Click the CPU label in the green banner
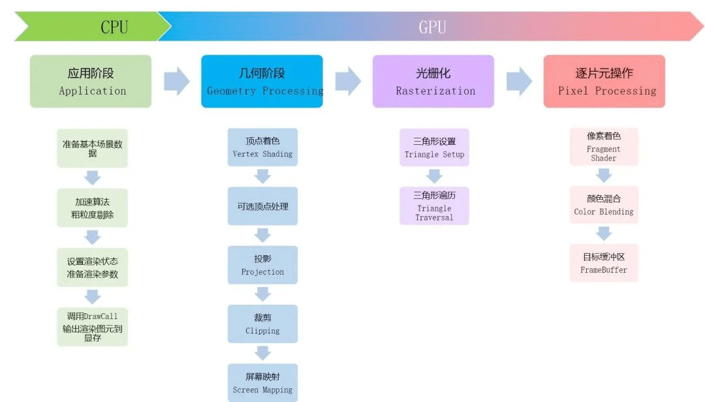click(114, 27)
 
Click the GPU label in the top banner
click(431, 27)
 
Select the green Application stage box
click(91, 81)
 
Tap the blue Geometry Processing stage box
click(262, 81)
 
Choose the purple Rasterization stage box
click(433, 81)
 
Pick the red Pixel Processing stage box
click(604, 81)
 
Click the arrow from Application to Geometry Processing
click(176, 81)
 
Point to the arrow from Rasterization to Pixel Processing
click(519, 81)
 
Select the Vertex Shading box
click(262, 147)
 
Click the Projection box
click(262, 265)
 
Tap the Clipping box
click(262, 324)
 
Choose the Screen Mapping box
click(262, 383)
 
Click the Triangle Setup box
click(434, 147)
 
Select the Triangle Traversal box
click(434, 206)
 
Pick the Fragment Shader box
click(604, 147)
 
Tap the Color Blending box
click(604, 205)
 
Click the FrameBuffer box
click(604, 263)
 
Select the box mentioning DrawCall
click(92, 326)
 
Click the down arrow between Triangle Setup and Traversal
click(434, 176)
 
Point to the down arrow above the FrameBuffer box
click(604, 234)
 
